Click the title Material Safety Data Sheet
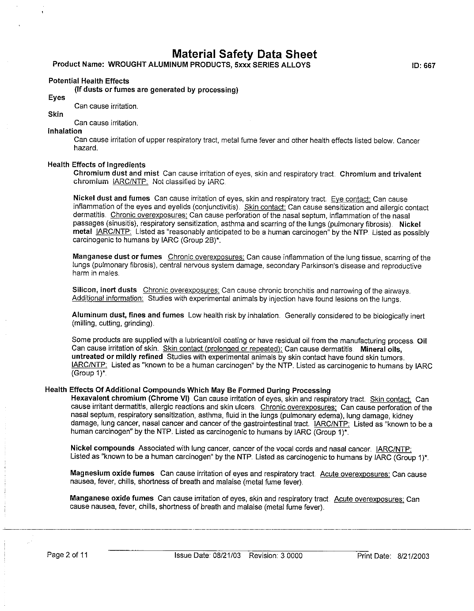(244, 54)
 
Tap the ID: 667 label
(423, 66)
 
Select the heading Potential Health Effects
(89, 81)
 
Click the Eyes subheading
(57, 98)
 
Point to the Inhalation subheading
(64, 131)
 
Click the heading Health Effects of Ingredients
(96, 165)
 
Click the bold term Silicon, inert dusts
(104, 290)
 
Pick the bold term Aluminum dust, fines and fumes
(128, 315)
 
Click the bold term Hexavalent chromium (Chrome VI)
(130, 399)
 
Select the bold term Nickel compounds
(102, 448)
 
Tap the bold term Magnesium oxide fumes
(112, 474)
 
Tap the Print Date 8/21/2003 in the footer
(393, 556)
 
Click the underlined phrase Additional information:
(107, 298)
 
